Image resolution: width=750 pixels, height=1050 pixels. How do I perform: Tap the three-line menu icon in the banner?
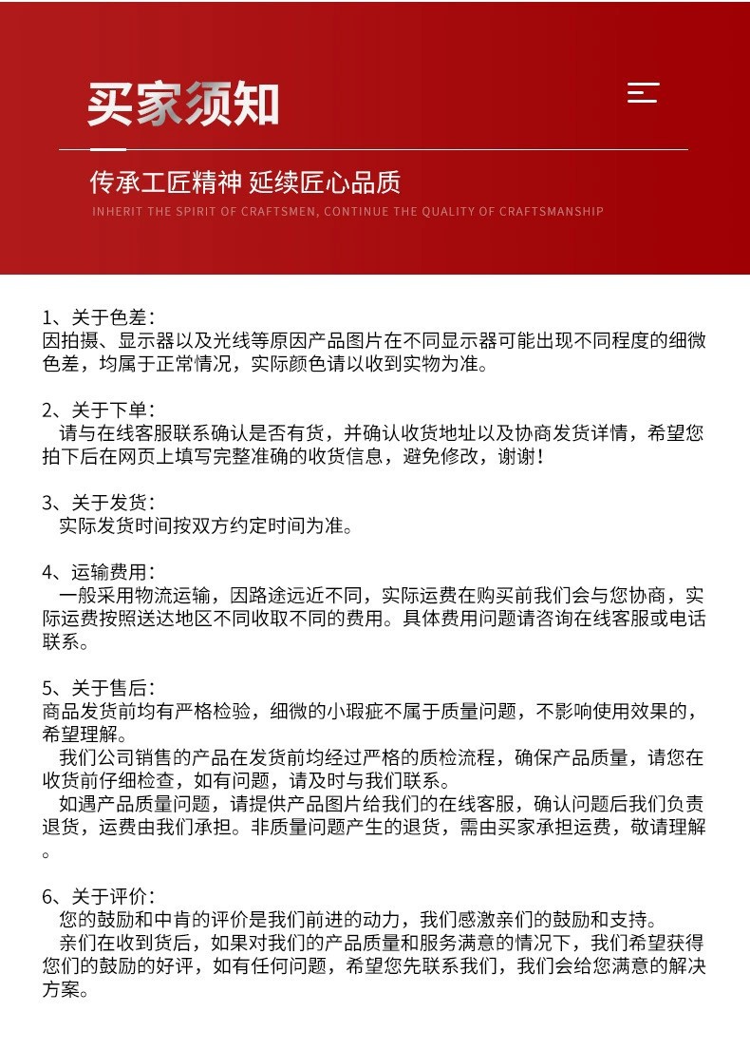[x=643, y=93]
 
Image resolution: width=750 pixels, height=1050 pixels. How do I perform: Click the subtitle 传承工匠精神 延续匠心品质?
[x=245, y=181]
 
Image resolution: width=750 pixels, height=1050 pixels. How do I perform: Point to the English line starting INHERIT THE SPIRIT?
[x=347, y=211]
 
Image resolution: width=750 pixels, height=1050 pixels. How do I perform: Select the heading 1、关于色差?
[x=99, y=317]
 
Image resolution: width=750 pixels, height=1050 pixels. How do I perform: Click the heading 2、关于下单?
[x=99, y=410]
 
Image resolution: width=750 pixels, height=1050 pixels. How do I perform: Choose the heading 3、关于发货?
[x=99, y=503]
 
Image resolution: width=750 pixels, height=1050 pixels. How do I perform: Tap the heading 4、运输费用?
[x=99, y=572]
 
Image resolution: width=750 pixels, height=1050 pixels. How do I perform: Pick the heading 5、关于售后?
[x=99, y=688]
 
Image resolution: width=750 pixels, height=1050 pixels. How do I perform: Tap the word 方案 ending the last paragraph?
[x=61, y=989]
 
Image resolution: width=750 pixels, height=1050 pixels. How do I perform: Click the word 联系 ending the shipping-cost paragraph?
[x=61, y=641]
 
